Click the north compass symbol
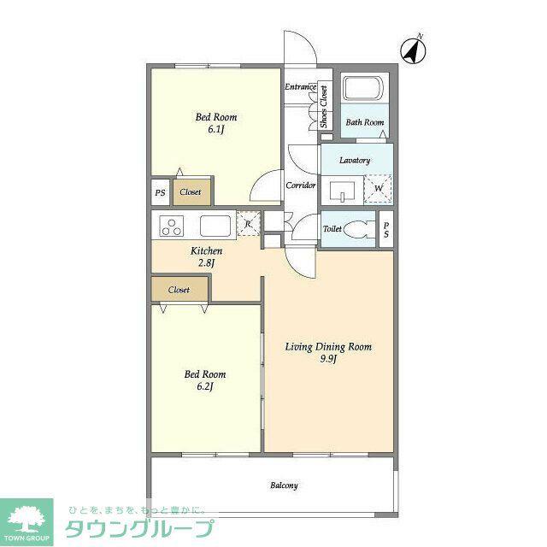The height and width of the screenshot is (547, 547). tap(413, 51)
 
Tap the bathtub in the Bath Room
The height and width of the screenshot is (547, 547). tap(363, 88)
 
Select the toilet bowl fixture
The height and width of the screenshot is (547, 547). tap(358, 229)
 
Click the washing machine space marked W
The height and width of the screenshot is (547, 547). tap(378, 189)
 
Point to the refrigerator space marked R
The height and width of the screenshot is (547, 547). tap(249, 223)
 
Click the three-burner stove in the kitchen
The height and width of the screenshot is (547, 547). tap(171, 226)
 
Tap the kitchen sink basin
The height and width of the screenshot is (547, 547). tap(215, 226)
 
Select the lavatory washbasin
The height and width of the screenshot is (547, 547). tap(342, 191)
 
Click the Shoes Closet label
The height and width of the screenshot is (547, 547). tap(324, 106)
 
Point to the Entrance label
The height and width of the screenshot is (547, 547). tap(300, 87)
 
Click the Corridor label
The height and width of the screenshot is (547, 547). tap(300, 185)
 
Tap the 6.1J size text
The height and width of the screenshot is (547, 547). tap(216, 130)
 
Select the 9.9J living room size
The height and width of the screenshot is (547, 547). tap(328, 359)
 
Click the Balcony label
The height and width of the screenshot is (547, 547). tap(284, 485)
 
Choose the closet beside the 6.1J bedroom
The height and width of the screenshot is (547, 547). tap(191, 191)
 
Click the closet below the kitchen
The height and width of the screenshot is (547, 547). tap(179, 290)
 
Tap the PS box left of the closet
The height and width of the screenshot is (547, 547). tap(161, 192)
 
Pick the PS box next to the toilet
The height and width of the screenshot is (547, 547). tap(386, 230)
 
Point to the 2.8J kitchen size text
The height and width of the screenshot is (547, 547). tap(206, 262)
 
